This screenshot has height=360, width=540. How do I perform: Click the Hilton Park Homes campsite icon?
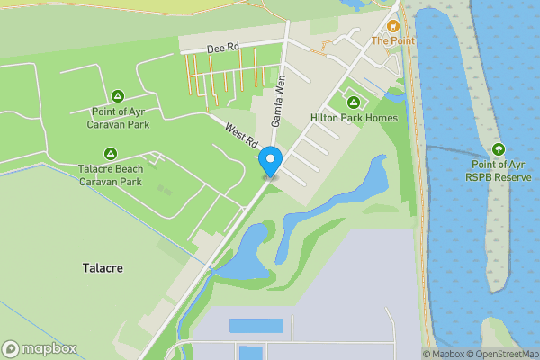[x=353, y=103]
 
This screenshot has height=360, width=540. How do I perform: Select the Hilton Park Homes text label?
[x=353, y=118]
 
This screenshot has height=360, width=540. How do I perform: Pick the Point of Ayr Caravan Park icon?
[x=117, y=96]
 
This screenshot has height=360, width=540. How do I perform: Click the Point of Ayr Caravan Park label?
[x=120, y=118]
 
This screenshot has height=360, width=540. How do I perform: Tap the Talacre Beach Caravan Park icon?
[x=110, y=154]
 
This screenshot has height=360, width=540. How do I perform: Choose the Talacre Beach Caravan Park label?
[x=110, y=175]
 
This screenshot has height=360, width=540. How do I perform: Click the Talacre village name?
[x=103, y=268]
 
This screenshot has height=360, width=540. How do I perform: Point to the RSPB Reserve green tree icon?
[x=498, y=148]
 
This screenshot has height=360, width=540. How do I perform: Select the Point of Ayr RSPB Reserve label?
[x=499, y=170]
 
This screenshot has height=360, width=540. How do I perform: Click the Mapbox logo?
[x=40, y=349]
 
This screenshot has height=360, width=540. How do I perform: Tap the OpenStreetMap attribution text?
[x=505, y=354]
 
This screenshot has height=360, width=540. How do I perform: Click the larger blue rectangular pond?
[x=256, y=326]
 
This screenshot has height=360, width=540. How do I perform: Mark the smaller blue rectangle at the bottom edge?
[x=251, y=353]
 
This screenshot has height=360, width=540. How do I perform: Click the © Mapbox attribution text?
[x=445, y=354]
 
